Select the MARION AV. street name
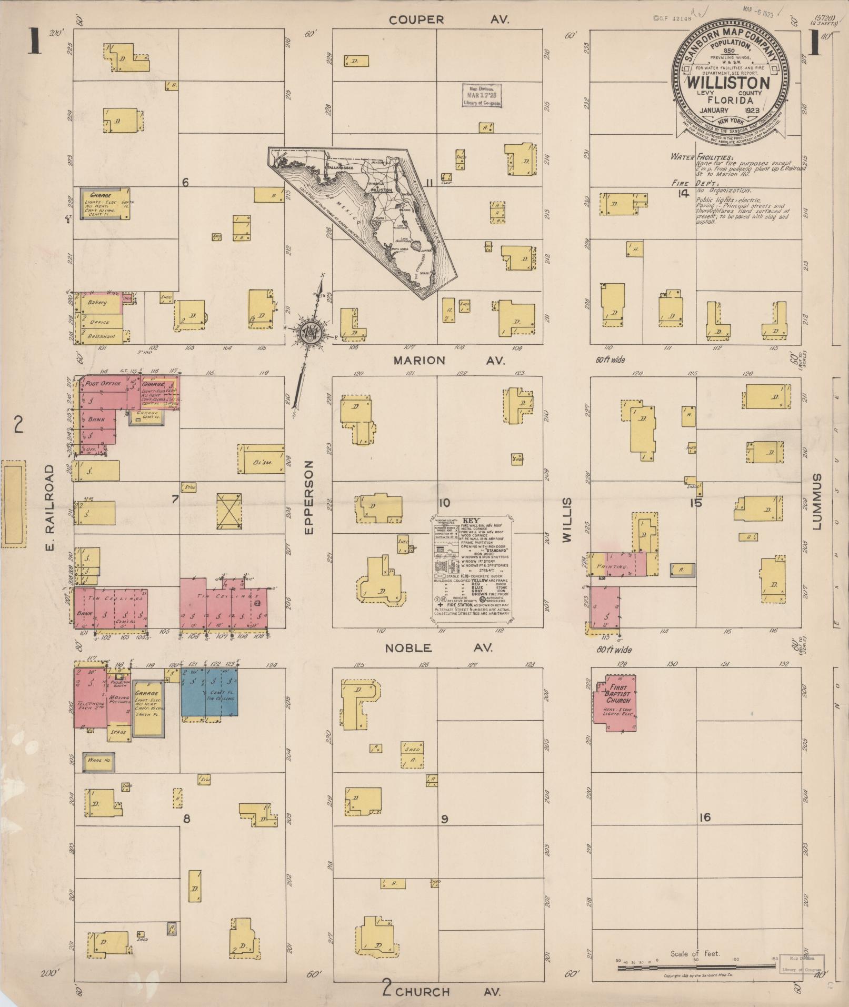click(x=449, y=361)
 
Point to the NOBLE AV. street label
click(x=438, y=648)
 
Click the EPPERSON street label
click(x=309, y=497)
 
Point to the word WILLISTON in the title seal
click(x=728, y=83)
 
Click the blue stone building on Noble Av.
click(x=209, y=692)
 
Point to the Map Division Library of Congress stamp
click(x=482, y=95)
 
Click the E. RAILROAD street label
click(x=50, y=507)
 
